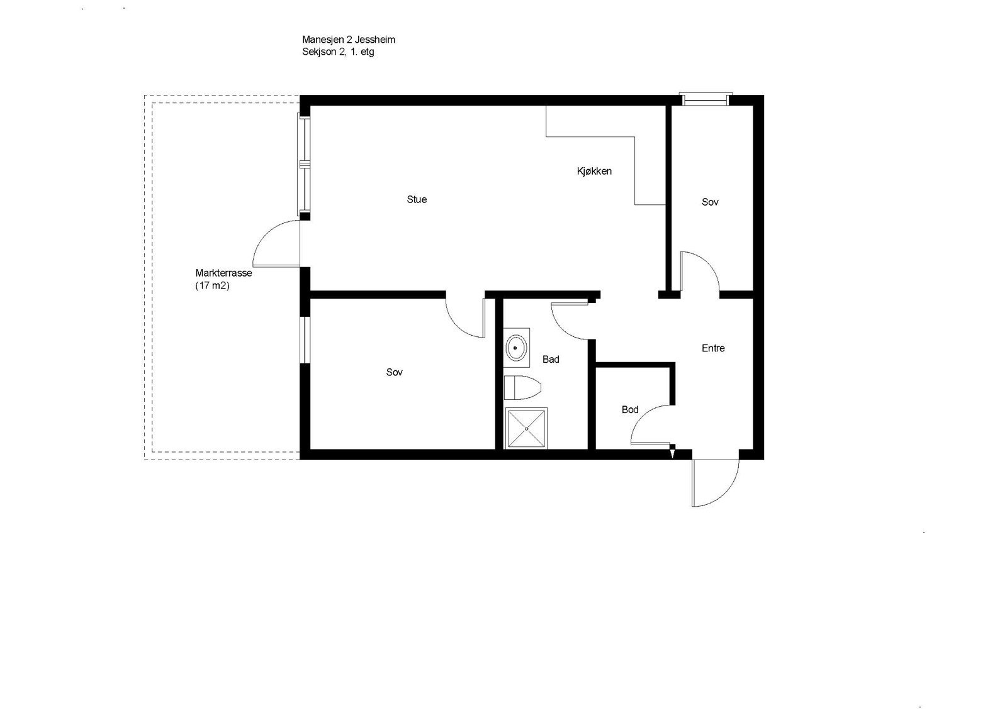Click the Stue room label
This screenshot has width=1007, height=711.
click(x=417, y=199)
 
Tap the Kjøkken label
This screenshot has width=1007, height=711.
click(x=594, y=171)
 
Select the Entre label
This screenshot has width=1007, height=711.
click(x=713, y=348)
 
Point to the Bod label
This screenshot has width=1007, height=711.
click(x=630, y=410)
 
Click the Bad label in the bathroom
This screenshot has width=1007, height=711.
click(x=551, y=360)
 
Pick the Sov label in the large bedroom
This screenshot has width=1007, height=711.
click(x=395, y=372)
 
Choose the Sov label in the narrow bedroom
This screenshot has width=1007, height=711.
click(x=710, y=202)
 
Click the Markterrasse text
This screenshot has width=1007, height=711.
click(x=224, y=273)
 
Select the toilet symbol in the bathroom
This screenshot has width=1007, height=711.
click(x=522, y=387)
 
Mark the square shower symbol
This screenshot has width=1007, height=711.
click(x=526, y=427)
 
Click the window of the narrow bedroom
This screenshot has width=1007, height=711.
click(x=706, y=99)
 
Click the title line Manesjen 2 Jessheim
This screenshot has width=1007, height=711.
click(x=349, y=40)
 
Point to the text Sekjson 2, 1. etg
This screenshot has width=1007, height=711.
click(x=338, y=52)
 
